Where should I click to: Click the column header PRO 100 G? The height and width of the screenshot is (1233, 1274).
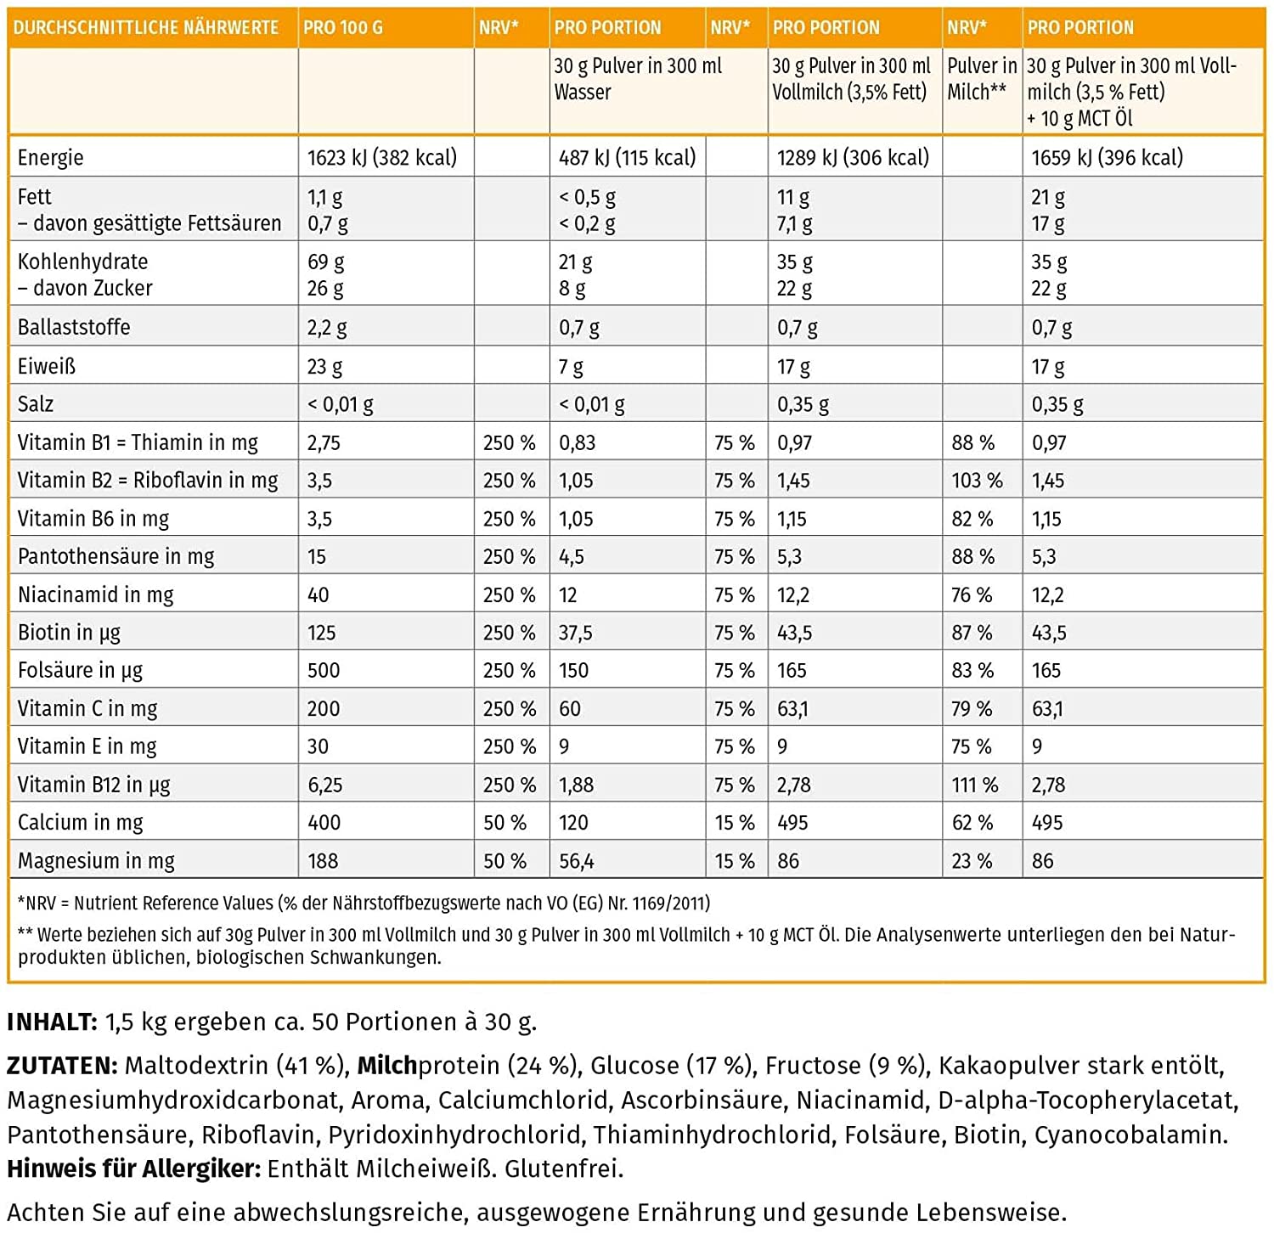click(343, 27)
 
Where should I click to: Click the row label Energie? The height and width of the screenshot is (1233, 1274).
click(51, 158)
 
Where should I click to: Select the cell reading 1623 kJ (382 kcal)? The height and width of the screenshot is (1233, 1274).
click(382, 158)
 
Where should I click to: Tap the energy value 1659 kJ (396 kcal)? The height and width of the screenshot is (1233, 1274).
click(1107, 158)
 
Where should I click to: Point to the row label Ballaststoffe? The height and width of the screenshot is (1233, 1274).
click(74, 327)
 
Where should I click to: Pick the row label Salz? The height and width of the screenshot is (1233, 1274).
click(36, 404)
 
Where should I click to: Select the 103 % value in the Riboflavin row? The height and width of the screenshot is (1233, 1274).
click(977, 481)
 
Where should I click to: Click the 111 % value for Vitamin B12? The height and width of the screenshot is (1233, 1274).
click(974, 785)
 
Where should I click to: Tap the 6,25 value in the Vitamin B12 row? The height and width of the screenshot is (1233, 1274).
click(325, 785)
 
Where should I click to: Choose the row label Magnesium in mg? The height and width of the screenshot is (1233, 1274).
click(96, 861)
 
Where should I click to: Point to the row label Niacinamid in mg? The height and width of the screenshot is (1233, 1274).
click(95, 595)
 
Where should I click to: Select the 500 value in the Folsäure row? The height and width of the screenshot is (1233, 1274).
click(324, 671)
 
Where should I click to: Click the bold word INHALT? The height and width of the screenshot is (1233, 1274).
click(53, 1022)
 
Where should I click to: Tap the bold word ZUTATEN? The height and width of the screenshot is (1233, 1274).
click(62, 1066)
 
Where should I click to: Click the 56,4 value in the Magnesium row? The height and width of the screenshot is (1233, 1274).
click(577, 862)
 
